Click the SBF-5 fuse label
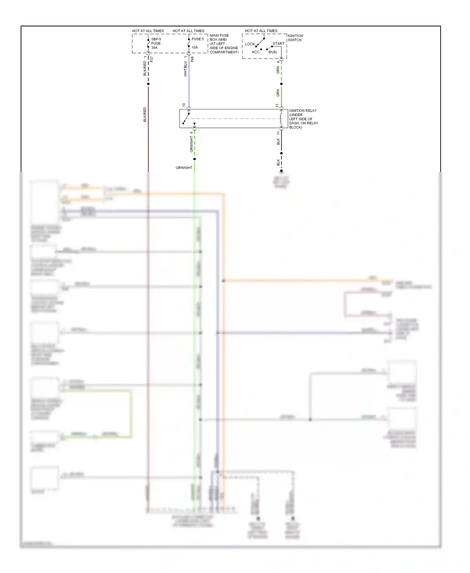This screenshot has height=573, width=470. pos(156,39)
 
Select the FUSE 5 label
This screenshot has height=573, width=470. pos(198,39)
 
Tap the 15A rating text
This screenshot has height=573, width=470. pos(195,48)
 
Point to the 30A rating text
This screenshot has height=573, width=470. pos(154,48)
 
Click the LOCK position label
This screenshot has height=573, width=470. pos(250,44)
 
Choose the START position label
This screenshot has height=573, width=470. pos(278,44)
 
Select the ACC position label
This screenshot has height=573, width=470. pos(256,52)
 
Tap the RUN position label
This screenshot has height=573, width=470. pos(273,52)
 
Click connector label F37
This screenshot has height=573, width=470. pos(152,59)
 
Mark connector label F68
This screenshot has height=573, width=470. pos(192,59)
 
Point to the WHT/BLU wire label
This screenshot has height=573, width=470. pos(185,69)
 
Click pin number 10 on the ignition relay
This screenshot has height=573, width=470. pos(184,105)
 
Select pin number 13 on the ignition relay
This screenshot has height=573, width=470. pos(277,106)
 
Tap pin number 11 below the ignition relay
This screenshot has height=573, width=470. pos(278,133)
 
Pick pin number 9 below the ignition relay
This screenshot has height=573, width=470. pos(191,133)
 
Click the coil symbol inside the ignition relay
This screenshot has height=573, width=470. pos(281,119)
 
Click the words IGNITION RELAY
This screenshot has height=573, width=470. pos(303,111)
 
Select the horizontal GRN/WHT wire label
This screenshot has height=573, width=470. pos(184,168)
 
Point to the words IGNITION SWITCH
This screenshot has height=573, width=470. pos(295,38)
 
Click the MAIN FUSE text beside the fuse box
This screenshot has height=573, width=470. pos(219,35)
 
